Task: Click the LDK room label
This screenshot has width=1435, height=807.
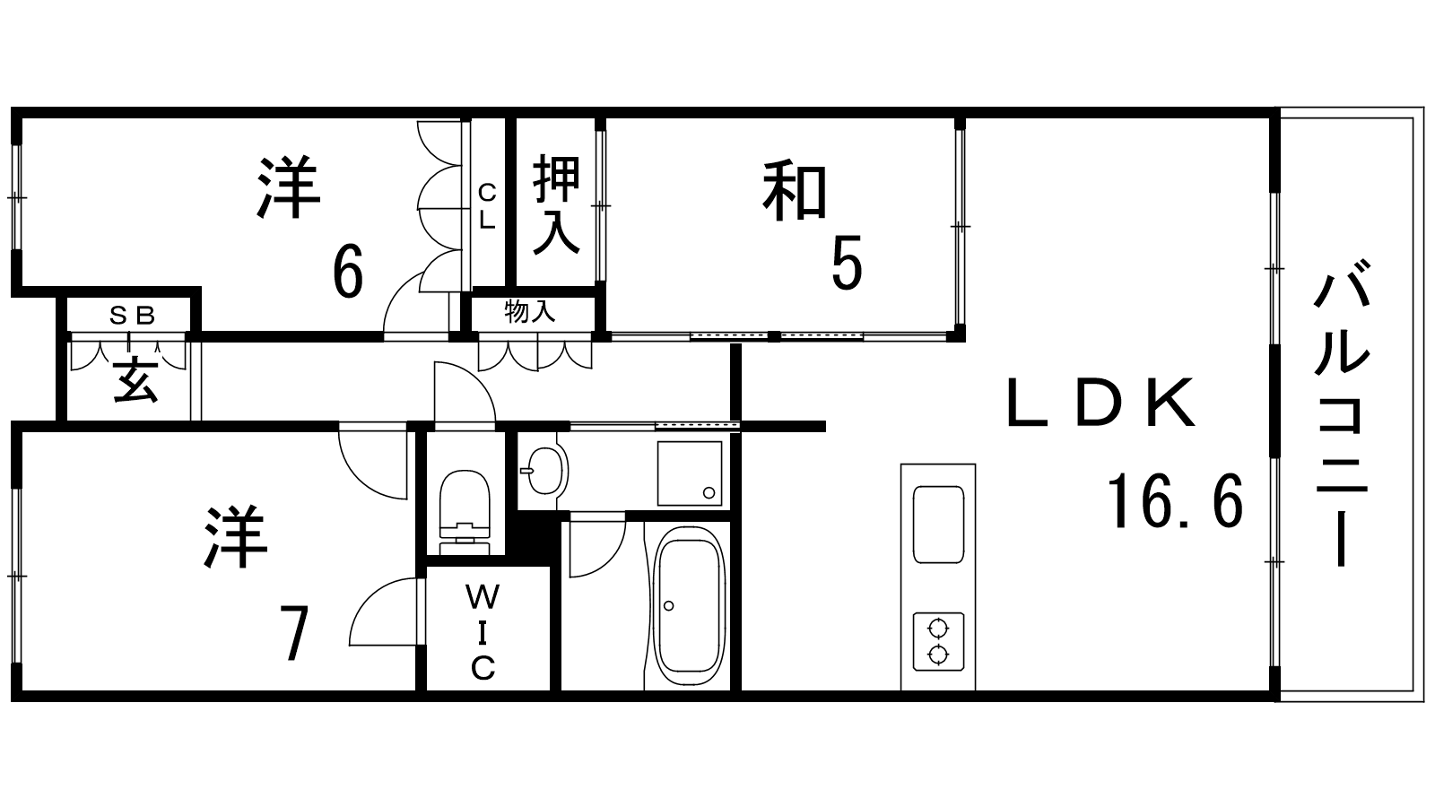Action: pos(1100,403)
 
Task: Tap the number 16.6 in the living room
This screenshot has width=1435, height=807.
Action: pos(1175,501)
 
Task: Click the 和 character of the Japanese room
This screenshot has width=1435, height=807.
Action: pos(795,192)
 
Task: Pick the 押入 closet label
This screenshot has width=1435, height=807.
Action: pos(556,204)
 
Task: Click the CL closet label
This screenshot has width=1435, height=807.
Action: pos(488,205)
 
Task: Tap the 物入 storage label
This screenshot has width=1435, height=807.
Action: pos(530,312)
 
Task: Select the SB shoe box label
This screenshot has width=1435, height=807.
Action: pos(132,315)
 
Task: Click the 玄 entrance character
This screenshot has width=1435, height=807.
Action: pos(136,380)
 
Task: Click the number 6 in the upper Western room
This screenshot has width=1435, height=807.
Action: pos(348,270)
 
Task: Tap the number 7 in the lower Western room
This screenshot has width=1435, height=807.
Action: pos(294,633)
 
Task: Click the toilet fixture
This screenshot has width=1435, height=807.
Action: pos(465,513)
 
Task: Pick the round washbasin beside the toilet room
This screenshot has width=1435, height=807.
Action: pos(544,470)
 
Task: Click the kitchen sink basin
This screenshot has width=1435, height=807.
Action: pos(938,525)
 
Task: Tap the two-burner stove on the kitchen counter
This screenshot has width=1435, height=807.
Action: pos(938,642)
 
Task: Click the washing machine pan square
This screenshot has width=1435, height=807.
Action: pos(690,473)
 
